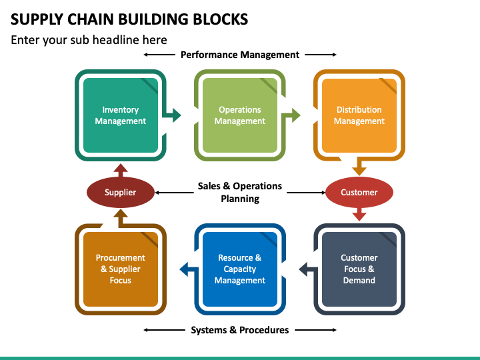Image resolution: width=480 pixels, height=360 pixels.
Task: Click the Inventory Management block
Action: (120, 115)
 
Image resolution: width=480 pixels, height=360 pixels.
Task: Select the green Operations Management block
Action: (240, 115)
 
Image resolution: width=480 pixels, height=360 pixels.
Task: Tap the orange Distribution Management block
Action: (359, 115)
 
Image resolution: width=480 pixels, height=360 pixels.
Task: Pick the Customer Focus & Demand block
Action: (359, 269)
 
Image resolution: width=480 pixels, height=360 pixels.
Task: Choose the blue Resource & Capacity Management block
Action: (240, 269)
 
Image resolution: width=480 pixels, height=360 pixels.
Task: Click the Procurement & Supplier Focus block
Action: (120, 269)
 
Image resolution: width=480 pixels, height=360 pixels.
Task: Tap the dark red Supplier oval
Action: (120, 192)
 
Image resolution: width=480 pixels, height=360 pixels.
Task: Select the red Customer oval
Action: (359, 192)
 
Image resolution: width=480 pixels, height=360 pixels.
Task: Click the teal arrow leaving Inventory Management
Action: (172, 115)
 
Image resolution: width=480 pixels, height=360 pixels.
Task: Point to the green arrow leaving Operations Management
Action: (291, 115)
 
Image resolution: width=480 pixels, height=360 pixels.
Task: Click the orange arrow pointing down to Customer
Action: (359, 167)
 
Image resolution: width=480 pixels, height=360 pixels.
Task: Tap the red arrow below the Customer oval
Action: (359, 214)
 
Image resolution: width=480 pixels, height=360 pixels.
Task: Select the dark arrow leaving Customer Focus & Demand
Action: (308, 269)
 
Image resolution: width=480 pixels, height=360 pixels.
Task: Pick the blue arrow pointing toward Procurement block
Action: (189, 269)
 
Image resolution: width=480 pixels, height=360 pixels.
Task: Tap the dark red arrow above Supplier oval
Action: (120, 170)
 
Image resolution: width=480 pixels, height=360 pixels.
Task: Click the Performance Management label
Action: (240, 55)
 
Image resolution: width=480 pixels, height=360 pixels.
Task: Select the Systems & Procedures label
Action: (240, 330)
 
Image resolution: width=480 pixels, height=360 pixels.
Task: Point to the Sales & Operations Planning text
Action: (240, 192)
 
